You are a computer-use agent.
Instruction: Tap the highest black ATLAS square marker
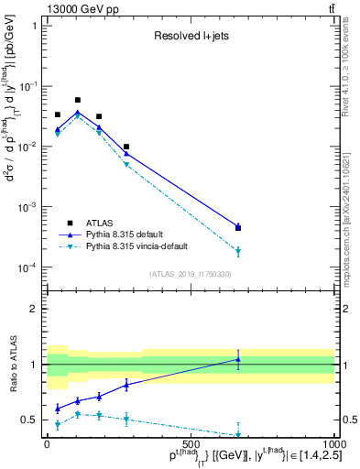[78, 100]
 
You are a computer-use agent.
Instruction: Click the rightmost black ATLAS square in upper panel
[238, 227]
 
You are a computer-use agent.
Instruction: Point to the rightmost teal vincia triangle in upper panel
[238, 251]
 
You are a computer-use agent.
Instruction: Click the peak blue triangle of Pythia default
[78, 113]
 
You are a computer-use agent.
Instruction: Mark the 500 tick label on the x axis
[191, 443]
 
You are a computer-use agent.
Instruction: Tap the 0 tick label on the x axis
[47, 443]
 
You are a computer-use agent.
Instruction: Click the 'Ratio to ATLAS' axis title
[12, 364]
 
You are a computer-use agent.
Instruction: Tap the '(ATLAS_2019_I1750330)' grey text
[190, 274]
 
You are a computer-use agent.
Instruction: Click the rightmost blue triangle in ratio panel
[238, 360]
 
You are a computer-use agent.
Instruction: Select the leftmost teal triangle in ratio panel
[58, 424]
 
